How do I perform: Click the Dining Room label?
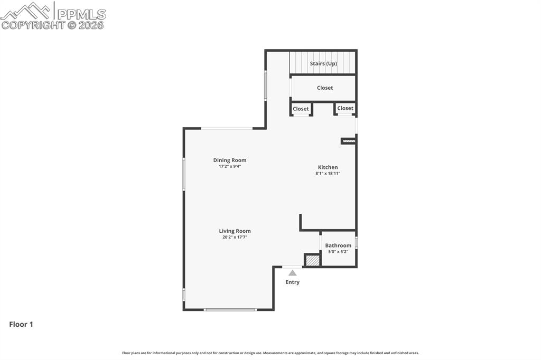pos(230,160)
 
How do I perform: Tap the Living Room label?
pos(235,231)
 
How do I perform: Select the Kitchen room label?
pos(328,167)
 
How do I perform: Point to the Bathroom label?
pos(338,245)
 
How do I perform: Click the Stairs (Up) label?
pos(323,63)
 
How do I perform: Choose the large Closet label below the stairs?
pos(325,88)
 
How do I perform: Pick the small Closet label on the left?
pos(301,109)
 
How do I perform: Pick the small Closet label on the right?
pos(345,108)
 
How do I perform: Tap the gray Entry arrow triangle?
pos(292,273)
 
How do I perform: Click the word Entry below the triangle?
pos(292,282)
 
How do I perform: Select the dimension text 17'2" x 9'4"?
pos(230,166)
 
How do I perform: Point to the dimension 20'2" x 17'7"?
pos(235,238)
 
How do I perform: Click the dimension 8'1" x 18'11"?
pos(328,173)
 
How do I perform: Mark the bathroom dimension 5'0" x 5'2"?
pos(338,252)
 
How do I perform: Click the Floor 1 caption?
pos(21,325)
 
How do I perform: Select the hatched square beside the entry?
pos(312,260)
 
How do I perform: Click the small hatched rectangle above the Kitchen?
pos(349,141)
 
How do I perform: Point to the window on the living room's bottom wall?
pos(230,309)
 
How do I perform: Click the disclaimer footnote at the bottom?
pos(270,353)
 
